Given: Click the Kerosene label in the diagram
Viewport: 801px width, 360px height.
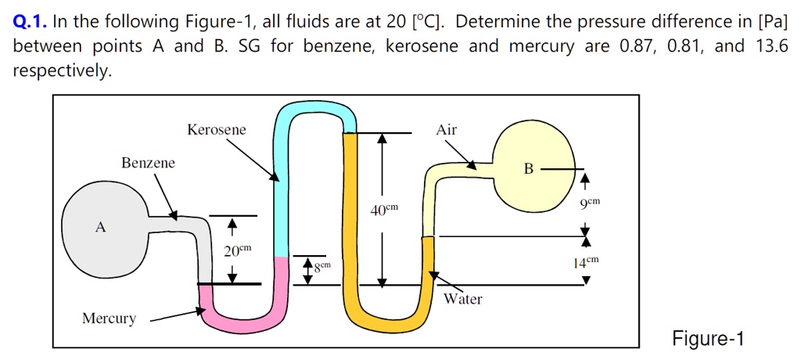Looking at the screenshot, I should pyautogui.click(x=217, y=130).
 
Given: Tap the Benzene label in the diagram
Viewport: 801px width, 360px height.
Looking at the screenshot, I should pyautogui.click(x=148, y=163).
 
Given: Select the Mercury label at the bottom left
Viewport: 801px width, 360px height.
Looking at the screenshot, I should pyautogui.click(x=109, y=319).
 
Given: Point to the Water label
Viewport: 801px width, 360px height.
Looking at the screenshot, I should pyautogui.click(x=463, y=299).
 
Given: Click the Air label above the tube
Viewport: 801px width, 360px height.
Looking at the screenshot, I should pyautogui.click(x=447, y=130).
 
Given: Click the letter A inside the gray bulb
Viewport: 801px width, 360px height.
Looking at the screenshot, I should pyautogui.click(x=99, y=227).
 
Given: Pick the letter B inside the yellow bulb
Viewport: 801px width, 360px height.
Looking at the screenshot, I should pyautogui.click(x=529, y=168).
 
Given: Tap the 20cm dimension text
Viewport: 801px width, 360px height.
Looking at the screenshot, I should pyautogui.click(x=237, y=250).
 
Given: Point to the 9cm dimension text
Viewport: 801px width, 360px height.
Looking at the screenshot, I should pyautogui.click(x=590, y=203).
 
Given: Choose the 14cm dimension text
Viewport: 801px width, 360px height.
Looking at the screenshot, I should pyautogui.click(x=585, y=261).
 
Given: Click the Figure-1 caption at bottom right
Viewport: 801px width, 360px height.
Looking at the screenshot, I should pyautogui.click(x=708, y=339).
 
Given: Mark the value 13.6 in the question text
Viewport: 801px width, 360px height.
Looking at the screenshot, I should pyautogui.click(x=772, y=46).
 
